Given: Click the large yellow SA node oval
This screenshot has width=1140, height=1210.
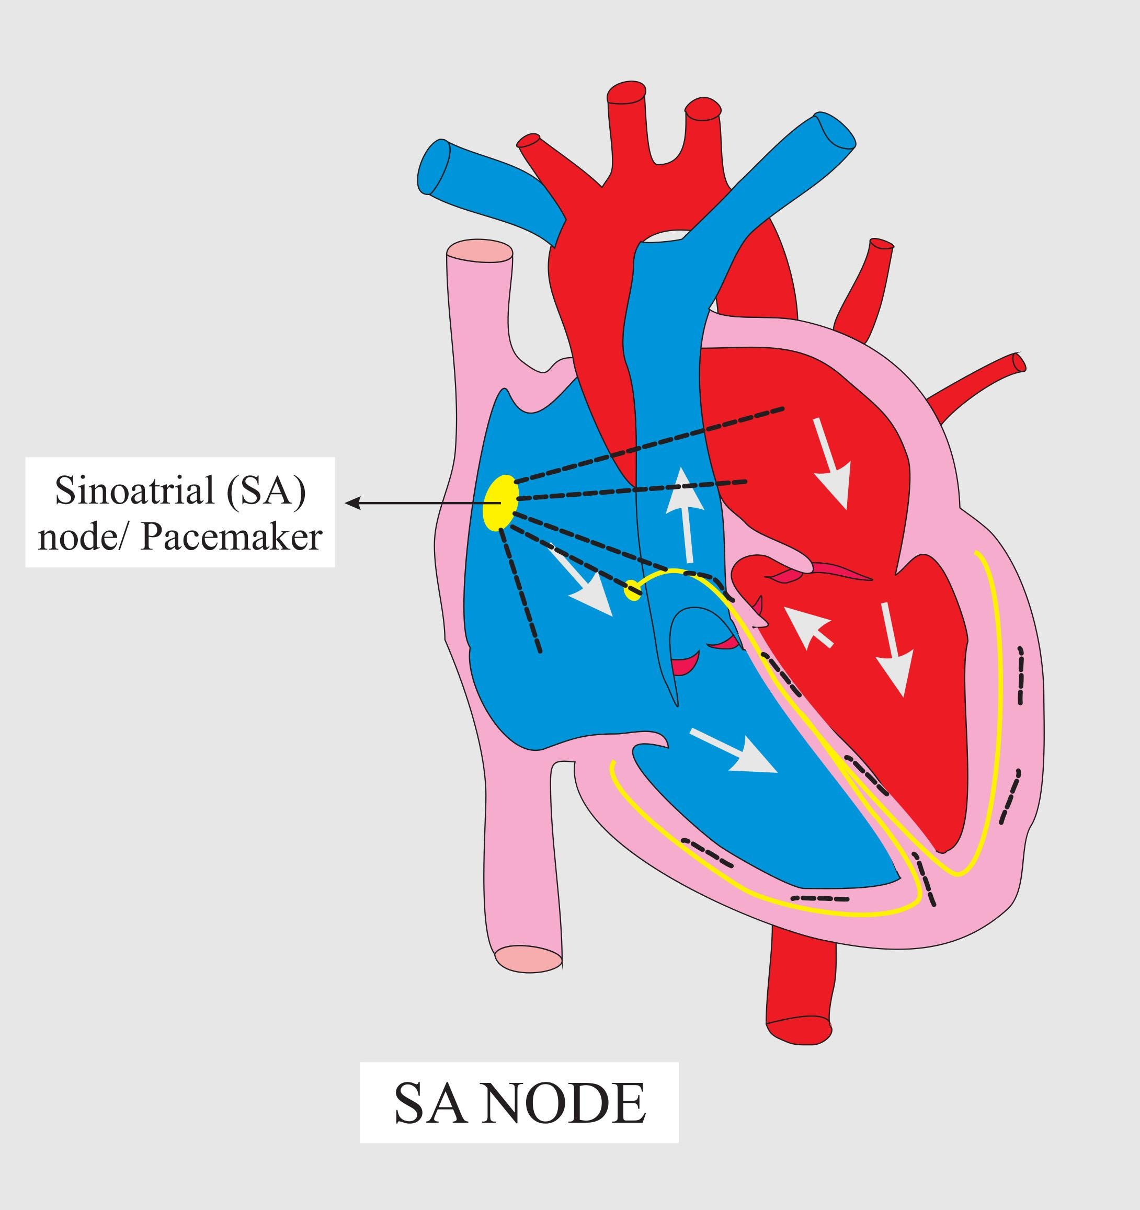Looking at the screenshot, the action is click(x=501, y=503).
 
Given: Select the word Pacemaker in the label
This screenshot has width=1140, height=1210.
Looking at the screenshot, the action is click(x=231, y=538).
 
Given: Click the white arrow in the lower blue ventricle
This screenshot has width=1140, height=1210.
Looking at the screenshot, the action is click(x=734, y=750).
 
